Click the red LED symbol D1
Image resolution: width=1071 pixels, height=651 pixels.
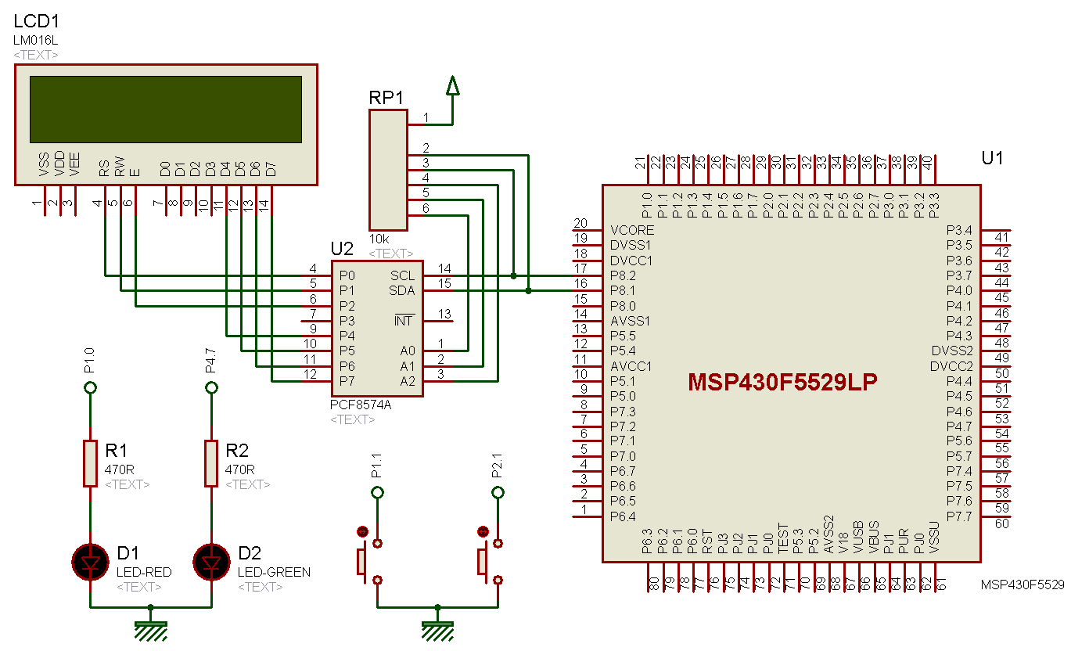pyautogui.click(x=90, y=562)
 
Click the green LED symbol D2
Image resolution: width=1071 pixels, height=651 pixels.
pyautogui.click(x=211, y=562)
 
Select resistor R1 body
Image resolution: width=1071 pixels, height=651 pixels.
pyautogui.click(x=90, y=463)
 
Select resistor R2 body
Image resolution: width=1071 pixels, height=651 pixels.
pyautogui.click(x=211, y=463)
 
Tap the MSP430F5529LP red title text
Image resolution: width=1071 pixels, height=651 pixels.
pyautogui.click(x=782, y=382)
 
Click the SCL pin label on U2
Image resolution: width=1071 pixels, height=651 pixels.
pyautogui.click(x=402, y=276)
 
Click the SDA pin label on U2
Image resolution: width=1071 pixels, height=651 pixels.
pyautogui.click(x=402, y=291)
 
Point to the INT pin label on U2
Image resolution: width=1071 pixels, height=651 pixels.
pyautogui.click(x=404, y=321)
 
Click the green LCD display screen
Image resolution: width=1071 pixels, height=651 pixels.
pyautogui.click(x=165, y=110)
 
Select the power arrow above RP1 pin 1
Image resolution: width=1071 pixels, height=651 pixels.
pyautogui.click(x=452, y=85)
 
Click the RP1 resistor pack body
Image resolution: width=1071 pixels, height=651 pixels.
pyautogui.click(x=388, y=168)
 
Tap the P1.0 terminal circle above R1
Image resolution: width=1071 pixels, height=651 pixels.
pyautogui.click(x=90, y=387)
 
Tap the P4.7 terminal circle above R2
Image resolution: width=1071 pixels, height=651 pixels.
pyautogui.click(x=211, y=387)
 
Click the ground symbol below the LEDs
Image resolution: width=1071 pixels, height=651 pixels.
pyautogui.click(x=151, y=628)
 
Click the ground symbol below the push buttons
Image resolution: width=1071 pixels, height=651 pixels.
pyautogui.click(x=437, y=628)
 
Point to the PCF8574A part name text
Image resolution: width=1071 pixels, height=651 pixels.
pyautogui.click(x=361, y=405)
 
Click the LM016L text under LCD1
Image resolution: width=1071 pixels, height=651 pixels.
pyautogui.click(x=36, y=40)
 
